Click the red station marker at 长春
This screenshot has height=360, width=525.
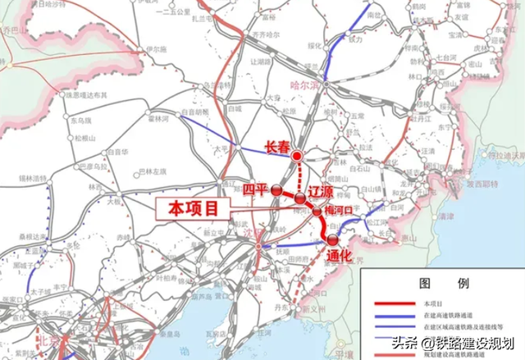pos(298,155)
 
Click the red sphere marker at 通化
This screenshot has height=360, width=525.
pos(331,239)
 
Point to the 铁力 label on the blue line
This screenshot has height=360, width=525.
pos(355,39)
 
